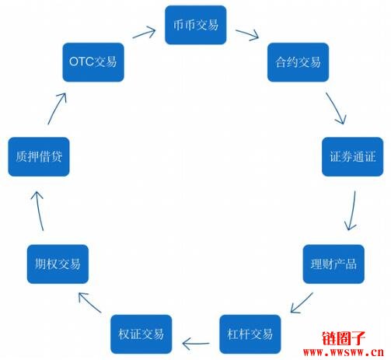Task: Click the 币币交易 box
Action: pyautogui.click(x=196, y=25)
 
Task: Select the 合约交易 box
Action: pyautogui.click(x=298, y=62)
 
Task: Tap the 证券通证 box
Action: pyautogui.click(x=352, y=156)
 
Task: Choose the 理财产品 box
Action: pyautogui.click(x=333, y=264)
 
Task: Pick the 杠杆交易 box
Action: pyautogui.click(x=250, y=334)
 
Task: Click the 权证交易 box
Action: pyautogui.click(x=141, y=334)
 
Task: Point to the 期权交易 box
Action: pyautogui.click(x=58, y=264)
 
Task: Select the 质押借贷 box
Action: pyautogui.click(x=39, y=156)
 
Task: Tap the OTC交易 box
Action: pyautogui.click(x=93, y=62)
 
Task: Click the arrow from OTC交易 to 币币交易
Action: pyautogui.click(x=144, y=33)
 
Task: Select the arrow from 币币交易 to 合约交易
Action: pyautogui.click(x=247, y=34)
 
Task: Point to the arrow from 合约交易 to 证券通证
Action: pyautogui.click(x=335, y=107)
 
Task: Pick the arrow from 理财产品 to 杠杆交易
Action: pyautogui.click(x=302, y=302)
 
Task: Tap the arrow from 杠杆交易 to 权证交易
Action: pyautogui.click(x=196, y=344)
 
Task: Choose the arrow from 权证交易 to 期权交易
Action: pyautogui.click(x=89, y=302)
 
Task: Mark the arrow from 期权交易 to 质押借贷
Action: pyautogui.click(x=38, y=211)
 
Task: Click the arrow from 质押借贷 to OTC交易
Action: pyautogui.click(x=57, y=108)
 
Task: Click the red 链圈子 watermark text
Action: pyautogui.click(x=344, y=338)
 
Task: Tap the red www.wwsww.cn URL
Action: pyautogui.click(x=344, y=352)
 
